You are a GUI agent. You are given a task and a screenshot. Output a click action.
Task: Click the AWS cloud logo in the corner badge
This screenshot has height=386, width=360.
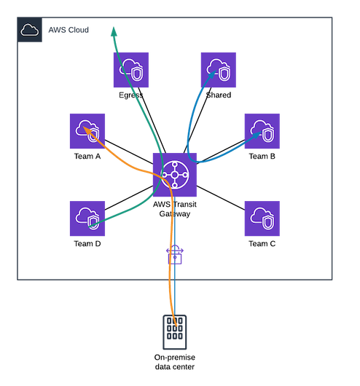(x=29, y=30)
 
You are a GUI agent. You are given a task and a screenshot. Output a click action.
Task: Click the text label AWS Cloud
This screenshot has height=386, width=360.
(x=68, y=30)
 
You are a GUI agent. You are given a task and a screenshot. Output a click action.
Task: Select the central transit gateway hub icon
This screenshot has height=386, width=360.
(x=174, y=176)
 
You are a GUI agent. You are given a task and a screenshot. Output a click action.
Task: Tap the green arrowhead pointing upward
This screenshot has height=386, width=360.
(x=114, y=31)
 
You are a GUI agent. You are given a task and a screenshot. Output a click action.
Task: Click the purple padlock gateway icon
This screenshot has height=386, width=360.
(x=174, y=256)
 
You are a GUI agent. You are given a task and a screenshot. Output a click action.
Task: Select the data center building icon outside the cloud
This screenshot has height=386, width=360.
(x=174, y=332)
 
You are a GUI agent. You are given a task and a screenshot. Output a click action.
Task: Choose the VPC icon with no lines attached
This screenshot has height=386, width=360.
(x=262, y=218)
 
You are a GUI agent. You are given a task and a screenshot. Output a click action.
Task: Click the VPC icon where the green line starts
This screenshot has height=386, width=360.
(x=87, y=218)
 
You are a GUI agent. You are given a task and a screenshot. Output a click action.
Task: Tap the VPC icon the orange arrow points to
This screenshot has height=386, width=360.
(x=87, y=131)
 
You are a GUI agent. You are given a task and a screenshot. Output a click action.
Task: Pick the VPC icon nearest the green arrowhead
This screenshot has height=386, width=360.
(x=130, y=70)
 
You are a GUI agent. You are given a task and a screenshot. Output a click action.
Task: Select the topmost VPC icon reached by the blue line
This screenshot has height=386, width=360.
(x=218, y=70)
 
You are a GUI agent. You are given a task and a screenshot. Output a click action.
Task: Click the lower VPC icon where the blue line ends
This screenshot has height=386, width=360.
(x=262, y=131)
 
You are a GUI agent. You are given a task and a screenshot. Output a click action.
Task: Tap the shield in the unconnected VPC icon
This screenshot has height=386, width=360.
(x=267, y=221)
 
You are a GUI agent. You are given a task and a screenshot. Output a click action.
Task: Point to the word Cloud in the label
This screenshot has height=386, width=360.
(x=79, y=30)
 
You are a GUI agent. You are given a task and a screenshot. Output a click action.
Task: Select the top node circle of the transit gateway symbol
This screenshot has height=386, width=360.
(x=174, y=165)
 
